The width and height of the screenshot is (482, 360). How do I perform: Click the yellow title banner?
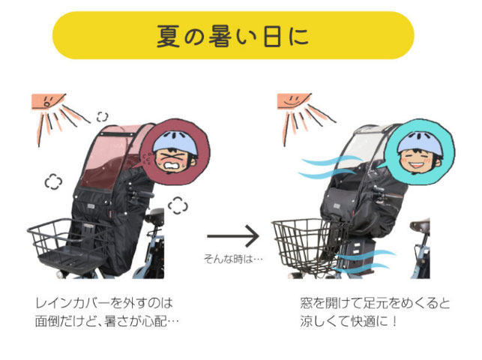tap(232, 35)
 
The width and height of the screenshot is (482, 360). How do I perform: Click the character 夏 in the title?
tap(168, 35)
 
